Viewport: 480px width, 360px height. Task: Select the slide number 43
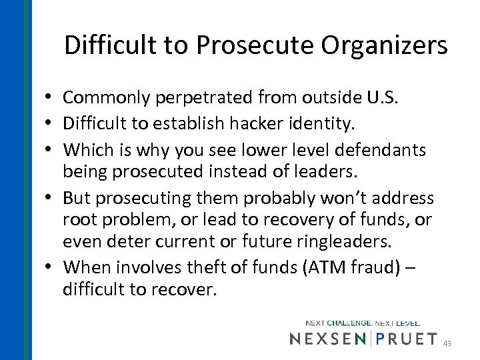[447, 343]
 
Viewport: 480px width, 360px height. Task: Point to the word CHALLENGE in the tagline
[349, 323]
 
